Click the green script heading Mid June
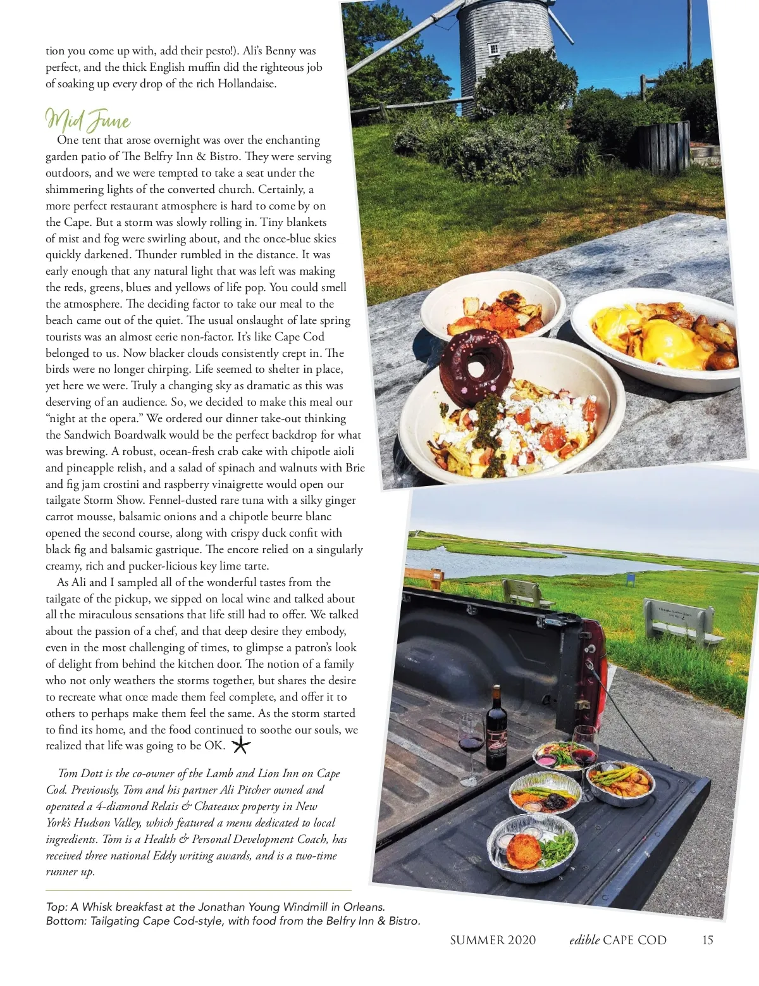click(88, 120)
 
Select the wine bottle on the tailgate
click(497, 737)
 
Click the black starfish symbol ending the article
click(241, 745)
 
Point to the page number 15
click(707, 940)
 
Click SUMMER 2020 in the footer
click(493, 940)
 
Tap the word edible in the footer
click(584, 940)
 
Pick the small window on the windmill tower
click(494, 49)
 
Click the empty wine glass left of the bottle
click(471, 747)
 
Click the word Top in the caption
click(56, 907)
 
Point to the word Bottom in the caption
click(65, 921)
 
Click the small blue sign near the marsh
click(630, 578)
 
